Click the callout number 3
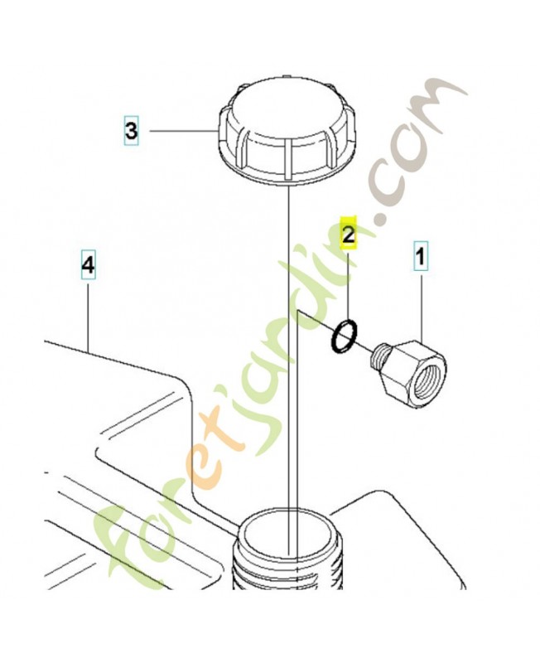(x=131, y=130)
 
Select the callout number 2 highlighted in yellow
(x=349, y=234)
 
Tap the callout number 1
(x=421, y=257)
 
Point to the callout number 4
(x=88, y=265)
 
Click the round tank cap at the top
(x=287, y=130)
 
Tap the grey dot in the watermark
(x=382, y=220)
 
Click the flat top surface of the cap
(x=287, y=111)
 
